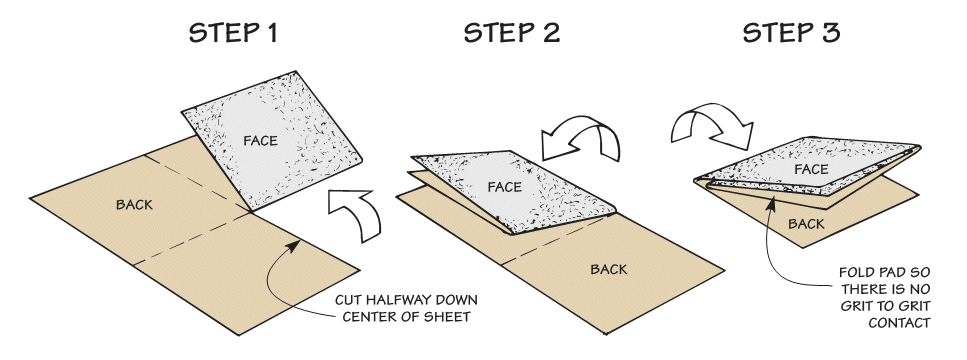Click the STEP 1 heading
pyautogui.click(x=233, y=33)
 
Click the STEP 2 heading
pyautogui.click(x=512, y=33)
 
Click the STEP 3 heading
pyautogui.click(x=791, y=33)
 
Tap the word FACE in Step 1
pyautogui.click(x=260, y=141)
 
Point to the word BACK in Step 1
pyautogui.click(x=134, y=205)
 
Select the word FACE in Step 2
pyautogui.click(x=504, y=187)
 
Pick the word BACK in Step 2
pyautogui.click(x=609, y=269)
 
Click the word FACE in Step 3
pyautogui.click(x=811, y=169)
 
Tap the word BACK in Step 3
pyautogui.click(x=806, y=224)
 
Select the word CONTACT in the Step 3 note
pyautogui.click(x=900, y=322)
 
